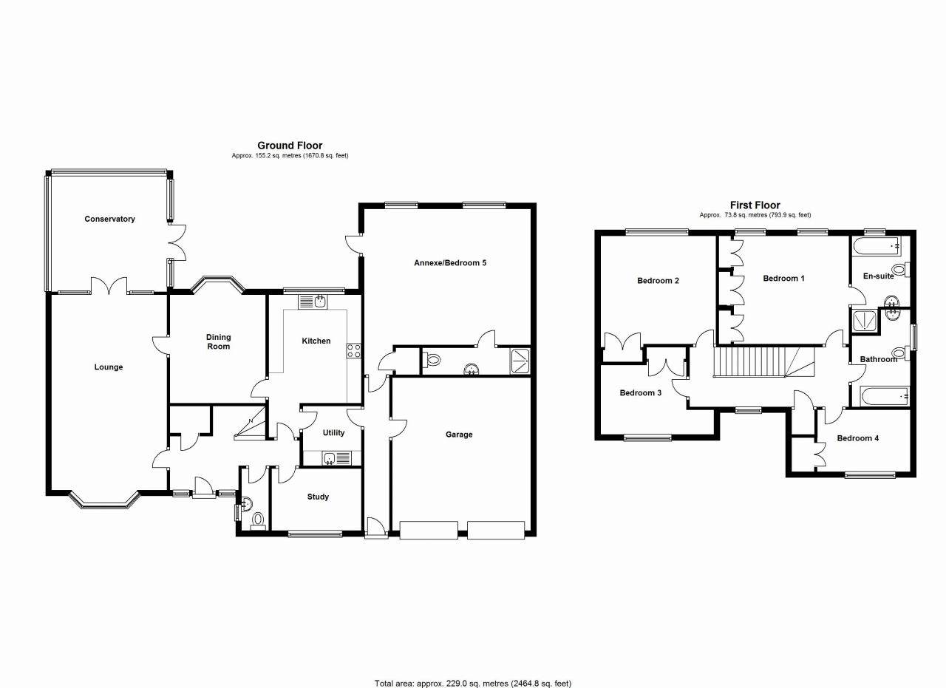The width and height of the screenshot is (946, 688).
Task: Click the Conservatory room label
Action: coord(109,219)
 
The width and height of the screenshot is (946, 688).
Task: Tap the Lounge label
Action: coord(109,367)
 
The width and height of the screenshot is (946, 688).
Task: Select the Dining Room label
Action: coord(218,341)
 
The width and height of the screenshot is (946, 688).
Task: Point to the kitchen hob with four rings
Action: coord(354,351)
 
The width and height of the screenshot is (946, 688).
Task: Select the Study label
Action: coord(318,497)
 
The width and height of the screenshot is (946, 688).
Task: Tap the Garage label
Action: coord(459,435)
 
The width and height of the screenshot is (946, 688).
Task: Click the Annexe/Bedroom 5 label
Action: coord(450,262)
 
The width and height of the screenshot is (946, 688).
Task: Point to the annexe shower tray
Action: coord(520,361)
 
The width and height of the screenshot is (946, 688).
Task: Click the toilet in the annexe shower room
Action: coord(433,361)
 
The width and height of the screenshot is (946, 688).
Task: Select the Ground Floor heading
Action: coord(290,146)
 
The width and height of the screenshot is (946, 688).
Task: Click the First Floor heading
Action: coord(755,205)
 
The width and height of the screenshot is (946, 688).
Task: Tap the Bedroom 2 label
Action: coord(658,281)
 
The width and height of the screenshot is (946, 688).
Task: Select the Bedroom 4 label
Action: coord(857,438)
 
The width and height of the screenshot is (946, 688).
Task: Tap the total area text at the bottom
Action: coord(473,683)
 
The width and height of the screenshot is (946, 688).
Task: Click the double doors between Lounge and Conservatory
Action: coord(109,285)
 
